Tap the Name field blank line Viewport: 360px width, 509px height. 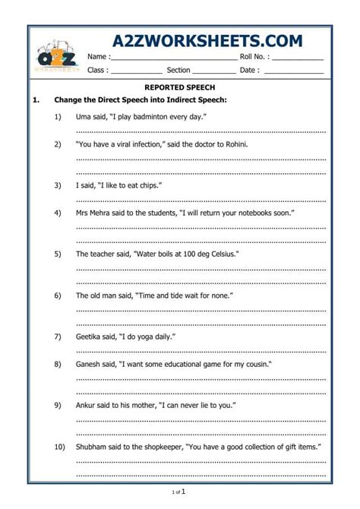174,58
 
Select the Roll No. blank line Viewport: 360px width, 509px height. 298,58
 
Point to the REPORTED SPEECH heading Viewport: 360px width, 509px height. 180,87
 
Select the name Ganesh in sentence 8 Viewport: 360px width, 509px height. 90,364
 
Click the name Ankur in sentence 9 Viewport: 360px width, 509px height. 87,406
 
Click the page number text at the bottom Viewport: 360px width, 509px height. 180,492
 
